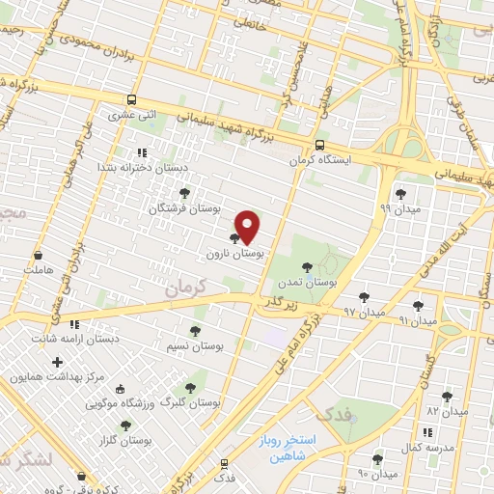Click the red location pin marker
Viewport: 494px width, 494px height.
(x=248, y=226)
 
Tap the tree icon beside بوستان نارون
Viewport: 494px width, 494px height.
(x=235, y=238)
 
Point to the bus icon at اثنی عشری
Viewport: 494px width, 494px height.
(x=131, y=99)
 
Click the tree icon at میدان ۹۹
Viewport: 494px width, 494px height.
(x=400, y=194)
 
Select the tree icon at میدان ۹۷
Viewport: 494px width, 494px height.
(x=364, y=297)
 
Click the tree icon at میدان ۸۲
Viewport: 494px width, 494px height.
(x=446, y=396)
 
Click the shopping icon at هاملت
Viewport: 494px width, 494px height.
(x=38, y=256)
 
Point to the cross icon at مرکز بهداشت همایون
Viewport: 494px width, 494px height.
(x=58, y=363)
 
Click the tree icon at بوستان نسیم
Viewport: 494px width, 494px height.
(x=196, y=330)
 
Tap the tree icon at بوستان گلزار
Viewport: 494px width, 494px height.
(x=125, y=425)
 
